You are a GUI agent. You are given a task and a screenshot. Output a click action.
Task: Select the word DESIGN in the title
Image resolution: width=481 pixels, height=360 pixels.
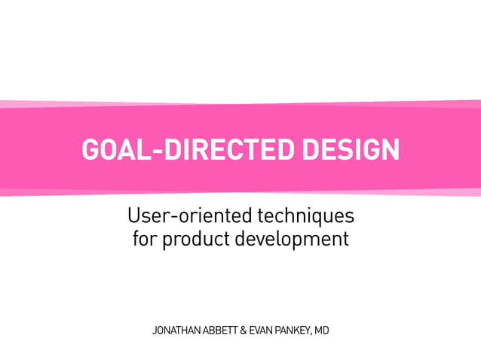351,150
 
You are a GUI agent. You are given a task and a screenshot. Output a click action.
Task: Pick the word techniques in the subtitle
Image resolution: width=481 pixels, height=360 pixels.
306,217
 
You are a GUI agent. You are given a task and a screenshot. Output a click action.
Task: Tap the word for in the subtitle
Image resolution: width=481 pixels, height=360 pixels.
142,239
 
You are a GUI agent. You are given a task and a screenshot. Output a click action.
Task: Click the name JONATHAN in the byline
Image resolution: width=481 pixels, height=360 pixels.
178,331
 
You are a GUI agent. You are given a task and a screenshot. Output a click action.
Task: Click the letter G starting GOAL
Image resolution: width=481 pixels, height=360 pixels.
90,150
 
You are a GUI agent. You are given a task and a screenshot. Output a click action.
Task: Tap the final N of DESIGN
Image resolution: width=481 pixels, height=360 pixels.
391,150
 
